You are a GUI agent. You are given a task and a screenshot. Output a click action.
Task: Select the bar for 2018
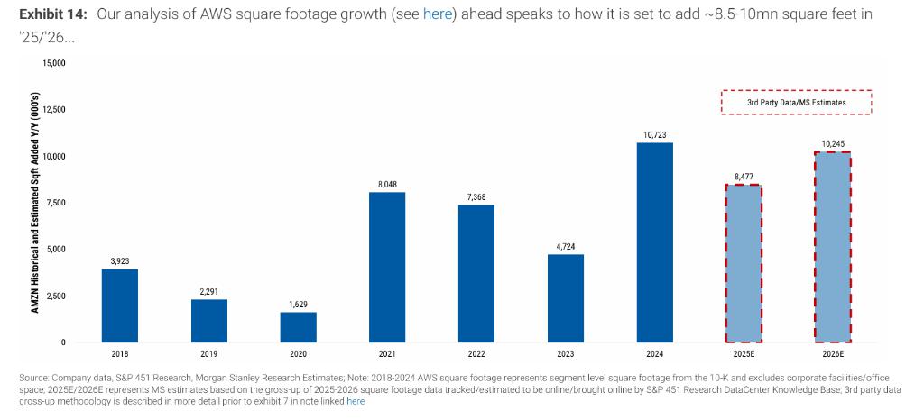120,306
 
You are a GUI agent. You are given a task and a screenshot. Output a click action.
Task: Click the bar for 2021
387,267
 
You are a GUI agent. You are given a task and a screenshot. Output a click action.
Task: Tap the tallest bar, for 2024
654,242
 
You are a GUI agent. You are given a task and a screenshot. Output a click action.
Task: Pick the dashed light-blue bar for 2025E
744,263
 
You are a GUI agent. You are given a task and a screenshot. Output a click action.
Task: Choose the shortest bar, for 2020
298,327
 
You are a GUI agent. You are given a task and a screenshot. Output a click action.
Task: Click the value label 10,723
654,134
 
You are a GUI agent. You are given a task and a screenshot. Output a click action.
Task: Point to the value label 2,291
208,291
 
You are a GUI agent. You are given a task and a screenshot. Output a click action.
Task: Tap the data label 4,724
565,246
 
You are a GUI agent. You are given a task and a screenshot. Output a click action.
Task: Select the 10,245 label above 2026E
832,143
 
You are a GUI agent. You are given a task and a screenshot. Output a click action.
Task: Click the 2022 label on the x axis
476,354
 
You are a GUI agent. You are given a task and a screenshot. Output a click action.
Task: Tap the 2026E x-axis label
832,354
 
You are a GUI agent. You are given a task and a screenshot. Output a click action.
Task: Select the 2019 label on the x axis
208,354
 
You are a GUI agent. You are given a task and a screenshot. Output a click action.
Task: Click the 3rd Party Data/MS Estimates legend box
796,103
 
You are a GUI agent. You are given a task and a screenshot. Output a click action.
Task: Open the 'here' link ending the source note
356,401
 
